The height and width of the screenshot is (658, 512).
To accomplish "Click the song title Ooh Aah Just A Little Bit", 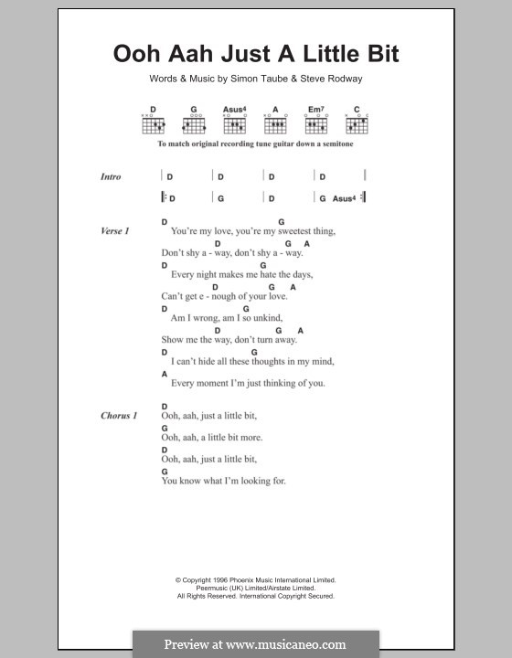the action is (255, 53).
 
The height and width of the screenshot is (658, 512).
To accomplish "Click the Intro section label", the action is (111, 176).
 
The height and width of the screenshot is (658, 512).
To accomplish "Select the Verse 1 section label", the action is (114, 231).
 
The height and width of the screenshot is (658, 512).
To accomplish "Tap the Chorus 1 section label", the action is (118, 416).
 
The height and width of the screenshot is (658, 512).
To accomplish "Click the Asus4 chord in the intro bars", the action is (342, 197).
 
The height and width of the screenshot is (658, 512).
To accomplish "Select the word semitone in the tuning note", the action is (333, 144).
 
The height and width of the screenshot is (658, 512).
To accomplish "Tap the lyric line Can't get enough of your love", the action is (224, 296).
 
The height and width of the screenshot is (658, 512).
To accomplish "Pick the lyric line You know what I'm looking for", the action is (223, 481).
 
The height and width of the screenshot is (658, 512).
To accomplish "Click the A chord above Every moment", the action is (165, 374).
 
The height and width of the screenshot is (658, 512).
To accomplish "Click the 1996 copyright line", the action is (256, 579).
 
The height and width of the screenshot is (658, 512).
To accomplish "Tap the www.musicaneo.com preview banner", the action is (255, 643).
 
